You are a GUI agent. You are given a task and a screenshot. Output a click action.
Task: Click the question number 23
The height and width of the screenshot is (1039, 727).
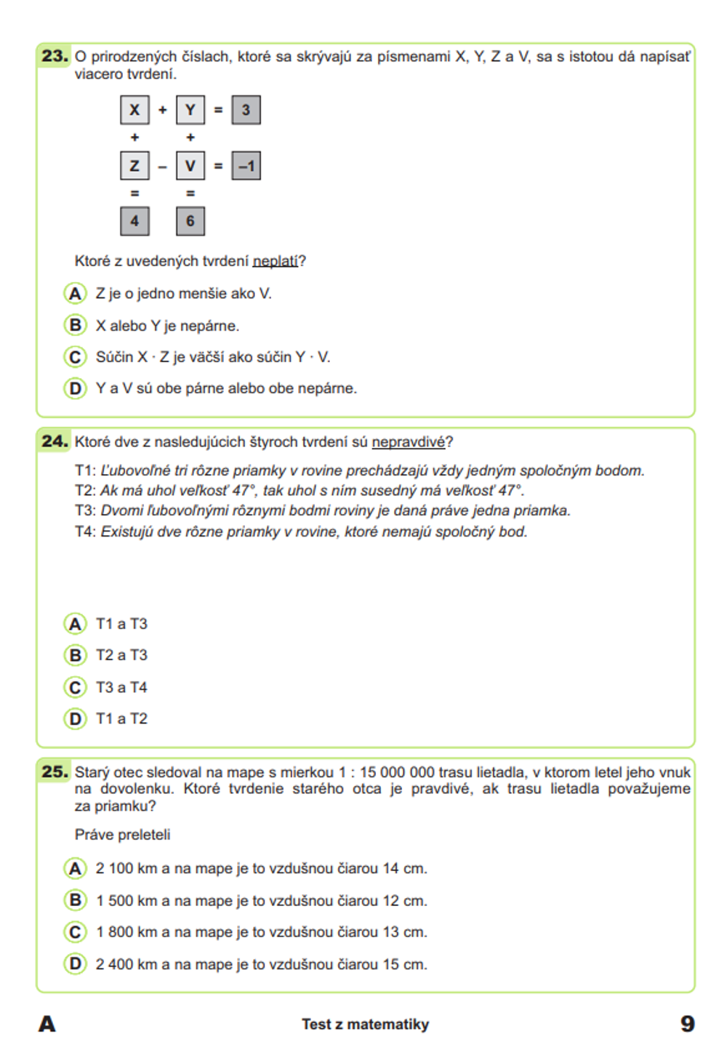(55, 56)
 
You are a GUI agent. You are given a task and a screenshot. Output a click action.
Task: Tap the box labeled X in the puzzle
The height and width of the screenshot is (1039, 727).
(134, 110)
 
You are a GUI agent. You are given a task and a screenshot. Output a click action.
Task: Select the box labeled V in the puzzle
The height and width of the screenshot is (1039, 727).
(190, 166)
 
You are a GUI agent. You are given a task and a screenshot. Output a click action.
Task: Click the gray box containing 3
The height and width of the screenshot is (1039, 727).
(246, 110)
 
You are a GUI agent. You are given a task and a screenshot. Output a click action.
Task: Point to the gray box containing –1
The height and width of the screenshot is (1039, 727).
(246, 166)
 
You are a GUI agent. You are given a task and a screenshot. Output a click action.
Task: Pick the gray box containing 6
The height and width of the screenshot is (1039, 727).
(190, 221)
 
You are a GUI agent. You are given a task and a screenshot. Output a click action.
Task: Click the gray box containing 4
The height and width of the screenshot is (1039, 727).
(134, 221)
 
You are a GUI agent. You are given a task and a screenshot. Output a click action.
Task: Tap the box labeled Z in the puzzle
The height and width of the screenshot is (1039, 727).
(134, 166)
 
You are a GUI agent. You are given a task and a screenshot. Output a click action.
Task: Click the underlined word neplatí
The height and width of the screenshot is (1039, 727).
(276, 261)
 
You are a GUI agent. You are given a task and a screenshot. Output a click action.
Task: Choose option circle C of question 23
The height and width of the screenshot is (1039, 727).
(75, 357)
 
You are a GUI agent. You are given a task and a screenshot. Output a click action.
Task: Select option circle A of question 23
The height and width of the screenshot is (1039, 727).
(75, 294)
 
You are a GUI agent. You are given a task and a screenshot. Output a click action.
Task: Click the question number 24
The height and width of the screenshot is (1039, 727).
(55, 441)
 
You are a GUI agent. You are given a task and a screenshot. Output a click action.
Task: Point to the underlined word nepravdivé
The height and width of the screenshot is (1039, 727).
(409, 442)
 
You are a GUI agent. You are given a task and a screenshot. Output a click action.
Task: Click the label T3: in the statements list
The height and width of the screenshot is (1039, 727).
(85, 510)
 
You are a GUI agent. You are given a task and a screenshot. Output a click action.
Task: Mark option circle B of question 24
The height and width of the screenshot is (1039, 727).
(75, 655)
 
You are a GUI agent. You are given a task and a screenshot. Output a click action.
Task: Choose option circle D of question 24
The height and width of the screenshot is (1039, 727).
(75, 718)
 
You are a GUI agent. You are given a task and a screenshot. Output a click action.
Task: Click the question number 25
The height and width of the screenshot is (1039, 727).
(55, 771)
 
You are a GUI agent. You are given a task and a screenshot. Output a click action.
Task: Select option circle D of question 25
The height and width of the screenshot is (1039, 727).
(75, 964)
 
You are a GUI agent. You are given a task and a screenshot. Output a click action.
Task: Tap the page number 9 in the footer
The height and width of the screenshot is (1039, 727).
(687, 1024)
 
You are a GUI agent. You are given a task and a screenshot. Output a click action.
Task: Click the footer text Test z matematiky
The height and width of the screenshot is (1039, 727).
(365, 1024)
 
